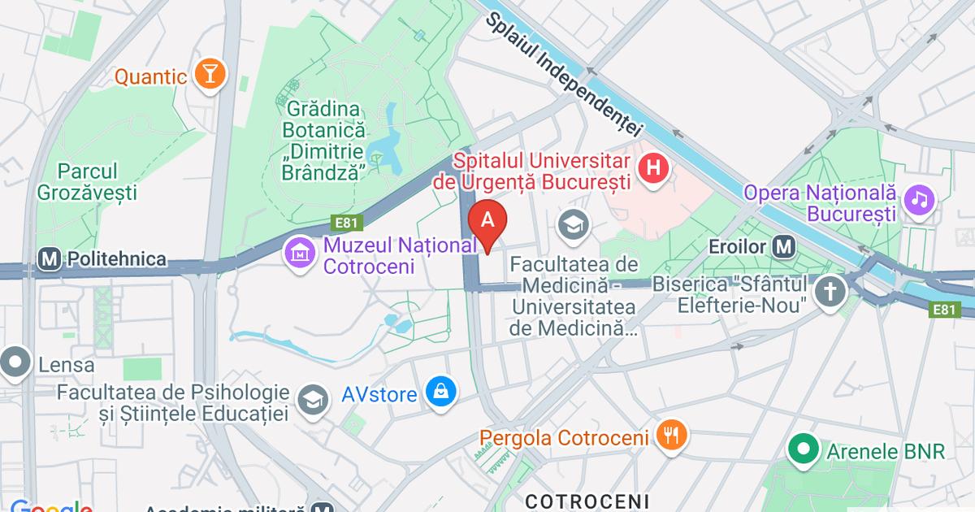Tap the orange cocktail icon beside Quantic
pos(210,76)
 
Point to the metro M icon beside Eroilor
pos(784,245)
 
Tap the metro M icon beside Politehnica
pos(50,259)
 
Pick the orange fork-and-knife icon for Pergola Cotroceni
pos(670,436)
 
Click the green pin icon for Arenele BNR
pos(804,449)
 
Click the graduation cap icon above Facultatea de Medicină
pos(574,225)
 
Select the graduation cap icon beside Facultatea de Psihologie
pos(312,398)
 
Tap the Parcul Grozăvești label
pos(87,182)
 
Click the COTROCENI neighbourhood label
pos(587,499)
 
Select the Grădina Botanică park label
pos(323,141)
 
